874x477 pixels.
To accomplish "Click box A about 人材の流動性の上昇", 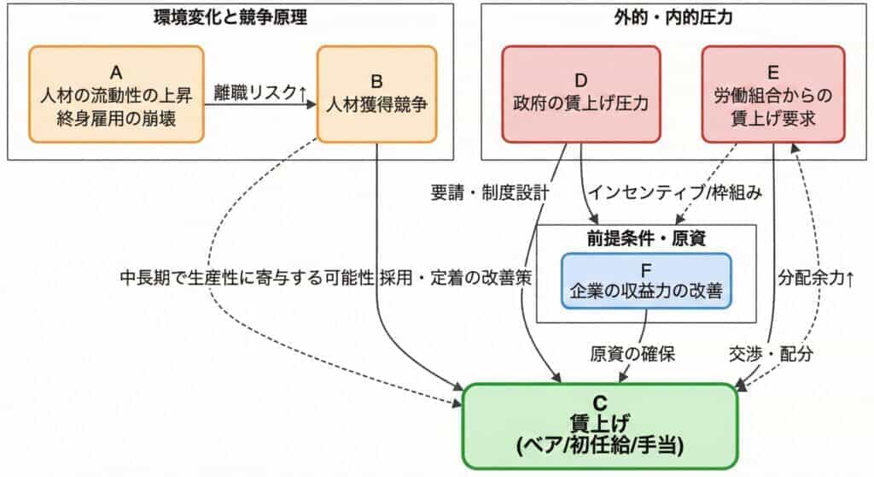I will pos(116,93).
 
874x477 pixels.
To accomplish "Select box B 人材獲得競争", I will pos(376,93).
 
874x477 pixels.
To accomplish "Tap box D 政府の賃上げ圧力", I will pos(580,93).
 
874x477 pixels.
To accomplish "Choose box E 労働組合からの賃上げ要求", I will pos(772,93).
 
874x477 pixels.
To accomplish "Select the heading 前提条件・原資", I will pos(646,238).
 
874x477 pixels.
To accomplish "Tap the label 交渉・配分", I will pos(772,353).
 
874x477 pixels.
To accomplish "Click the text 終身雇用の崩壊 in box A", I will pos(116,119).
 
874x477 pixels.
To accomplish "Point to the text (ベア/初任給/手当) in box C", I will pos(598,445).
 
